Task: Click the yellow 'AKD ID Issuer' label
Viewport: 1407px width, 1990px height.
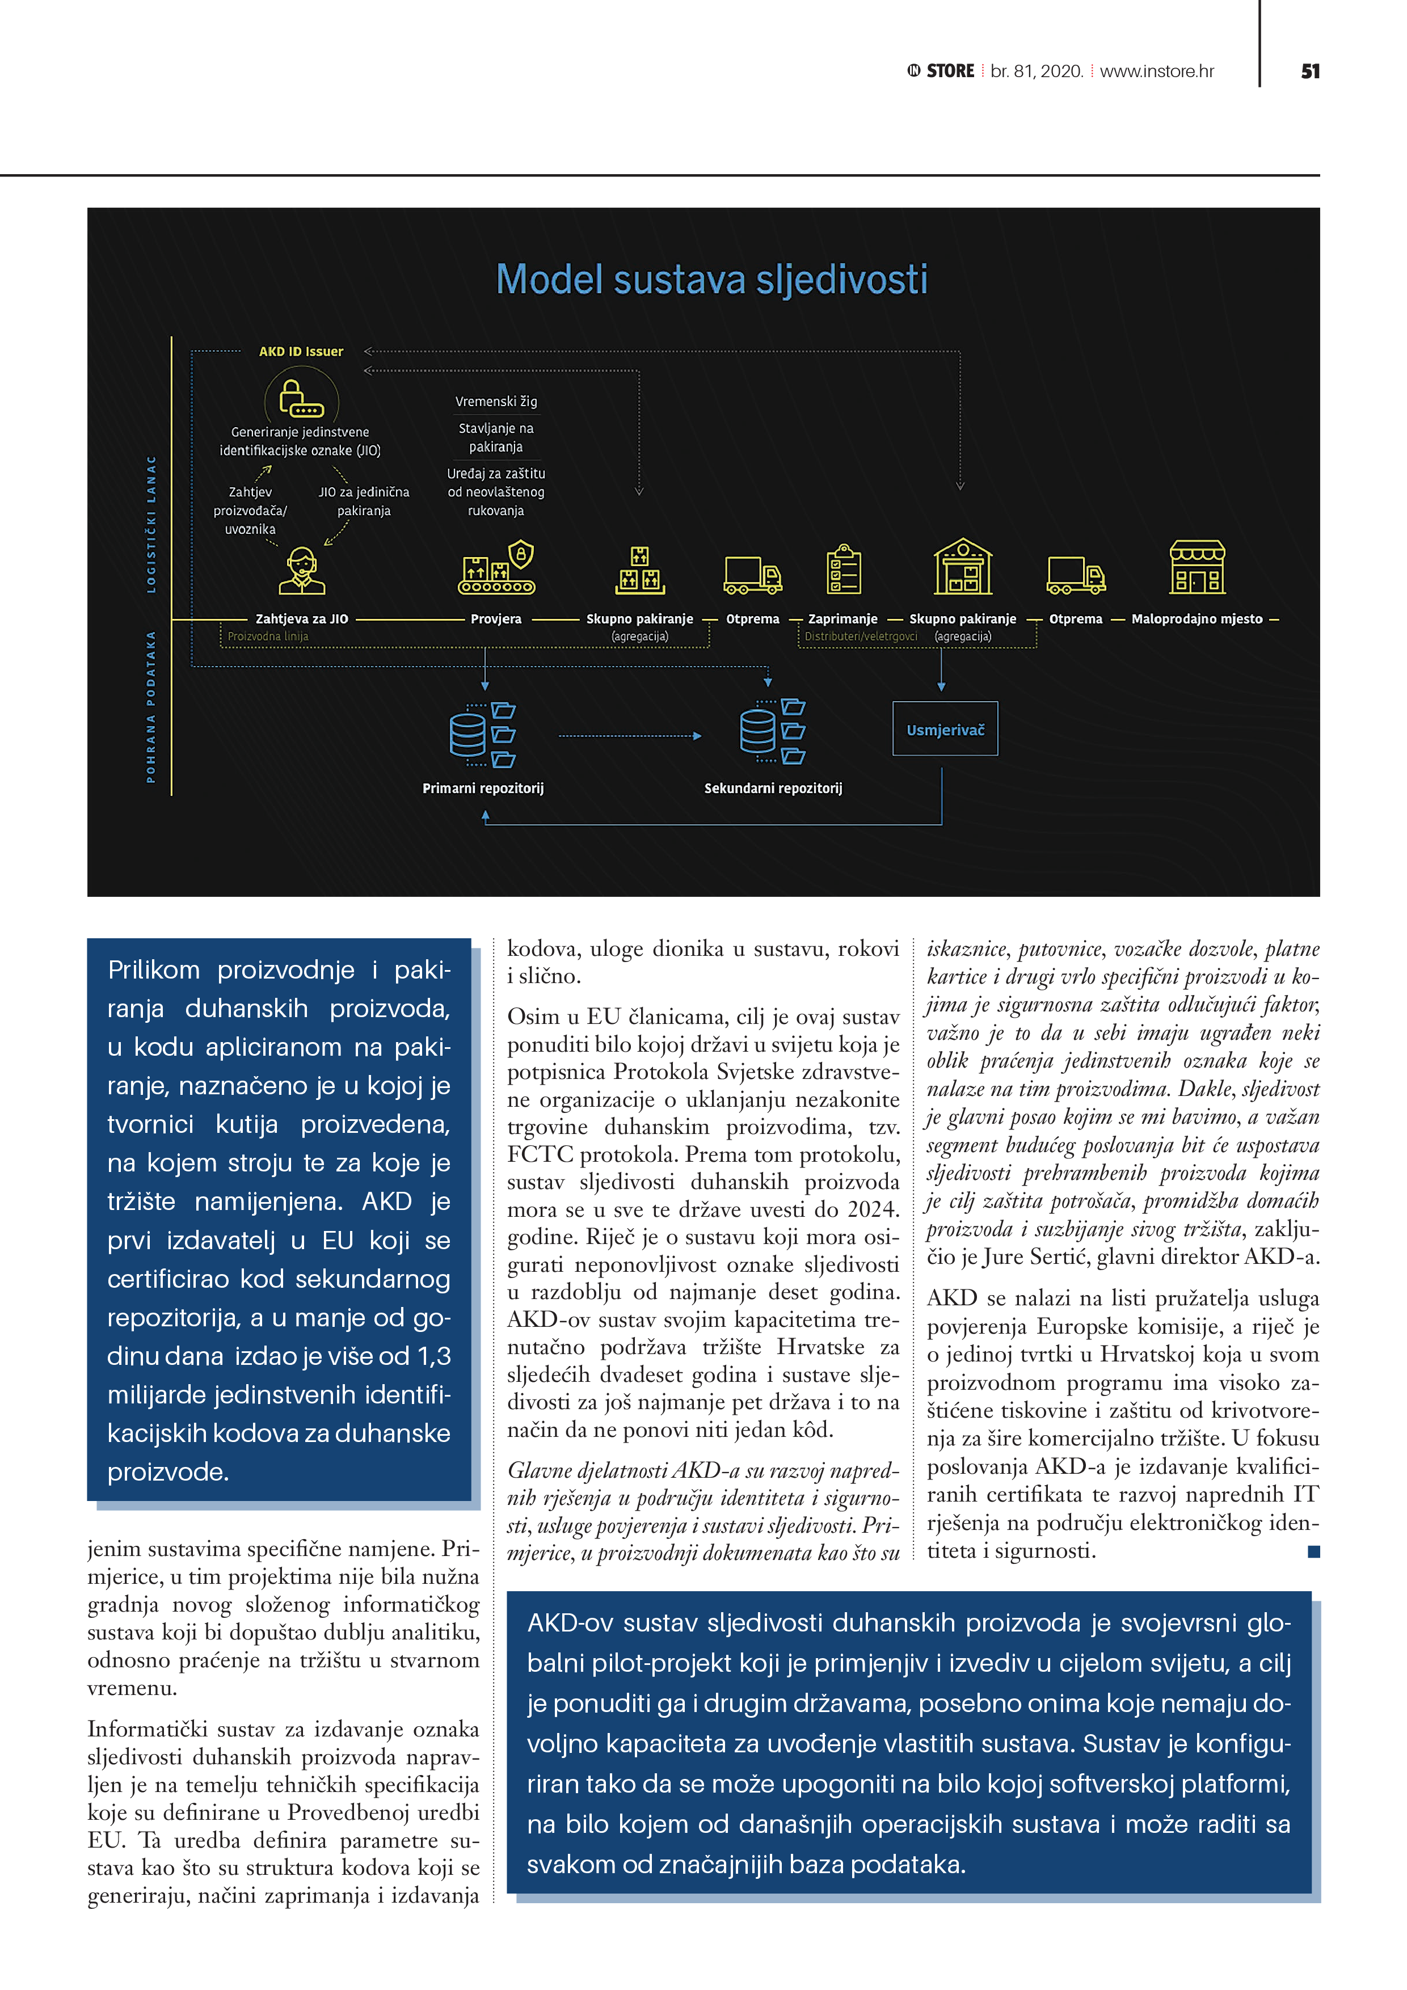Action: point(301,351)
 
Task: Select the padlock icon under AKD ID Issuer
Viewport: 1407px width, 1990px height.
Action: point(300,399)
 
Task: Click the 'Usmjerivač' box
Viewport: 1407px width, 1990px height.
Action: point(945,729)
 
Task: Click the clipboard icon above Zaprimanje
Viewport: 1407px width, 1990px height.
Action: point(844,570)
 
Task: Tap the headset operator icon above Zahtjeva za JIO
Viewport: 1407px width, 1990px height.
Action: point(302,570)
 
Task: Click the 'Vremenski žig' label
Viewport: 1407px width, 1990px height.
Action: point(496,401)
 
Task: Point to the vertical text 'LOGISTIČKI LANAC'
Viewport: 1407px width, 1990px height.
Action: point(151,524)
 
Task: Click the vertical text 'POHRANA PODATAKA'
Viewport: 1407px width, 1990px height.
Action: point(151,706)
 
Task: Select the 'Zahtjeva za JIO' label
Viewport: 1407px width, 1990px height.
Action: point(302,619)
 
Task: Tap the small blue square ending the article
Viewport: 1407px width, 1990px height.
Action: point(1313,1551)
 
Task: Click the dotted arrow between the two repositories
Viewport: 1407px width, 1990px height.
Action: point(629,736)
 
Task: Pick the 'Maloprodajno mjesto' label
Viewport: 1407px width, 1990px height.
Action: point(1197,619)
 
